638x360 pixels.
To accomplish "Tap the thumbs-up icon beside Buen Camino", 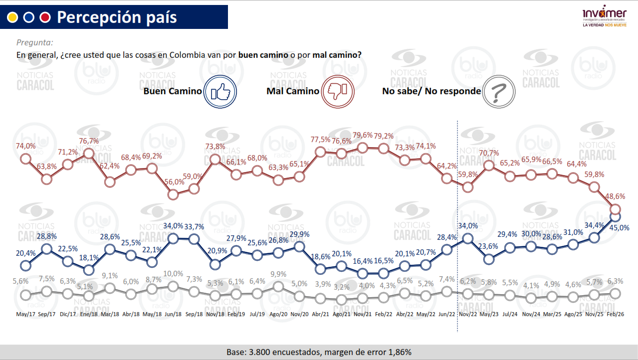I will (220, 91).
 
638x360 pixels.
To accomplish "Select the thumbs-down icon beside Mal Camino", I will (340, 91).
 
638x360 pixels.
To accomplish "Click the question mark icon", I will (498, 91).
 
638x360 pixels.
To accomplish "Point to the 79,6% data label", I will (363, 136).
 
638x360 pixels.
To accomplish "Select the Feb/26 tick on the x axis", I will (616, 315).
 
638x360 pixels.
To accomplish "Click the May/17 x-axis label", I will (25, 315).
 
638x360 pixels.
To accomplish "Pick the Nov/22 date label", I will (467, 315).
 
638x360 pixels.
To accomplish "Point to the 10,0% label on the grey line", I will (173, 274).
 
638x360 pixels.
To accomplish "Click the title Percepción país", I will (117, 17).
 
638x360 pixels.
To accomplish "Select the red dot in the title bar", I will (45, 17).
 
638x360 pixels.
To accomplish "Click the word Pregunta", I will (35, 43).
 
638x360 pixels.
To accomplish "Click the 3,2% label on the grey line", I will (342, 288).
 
